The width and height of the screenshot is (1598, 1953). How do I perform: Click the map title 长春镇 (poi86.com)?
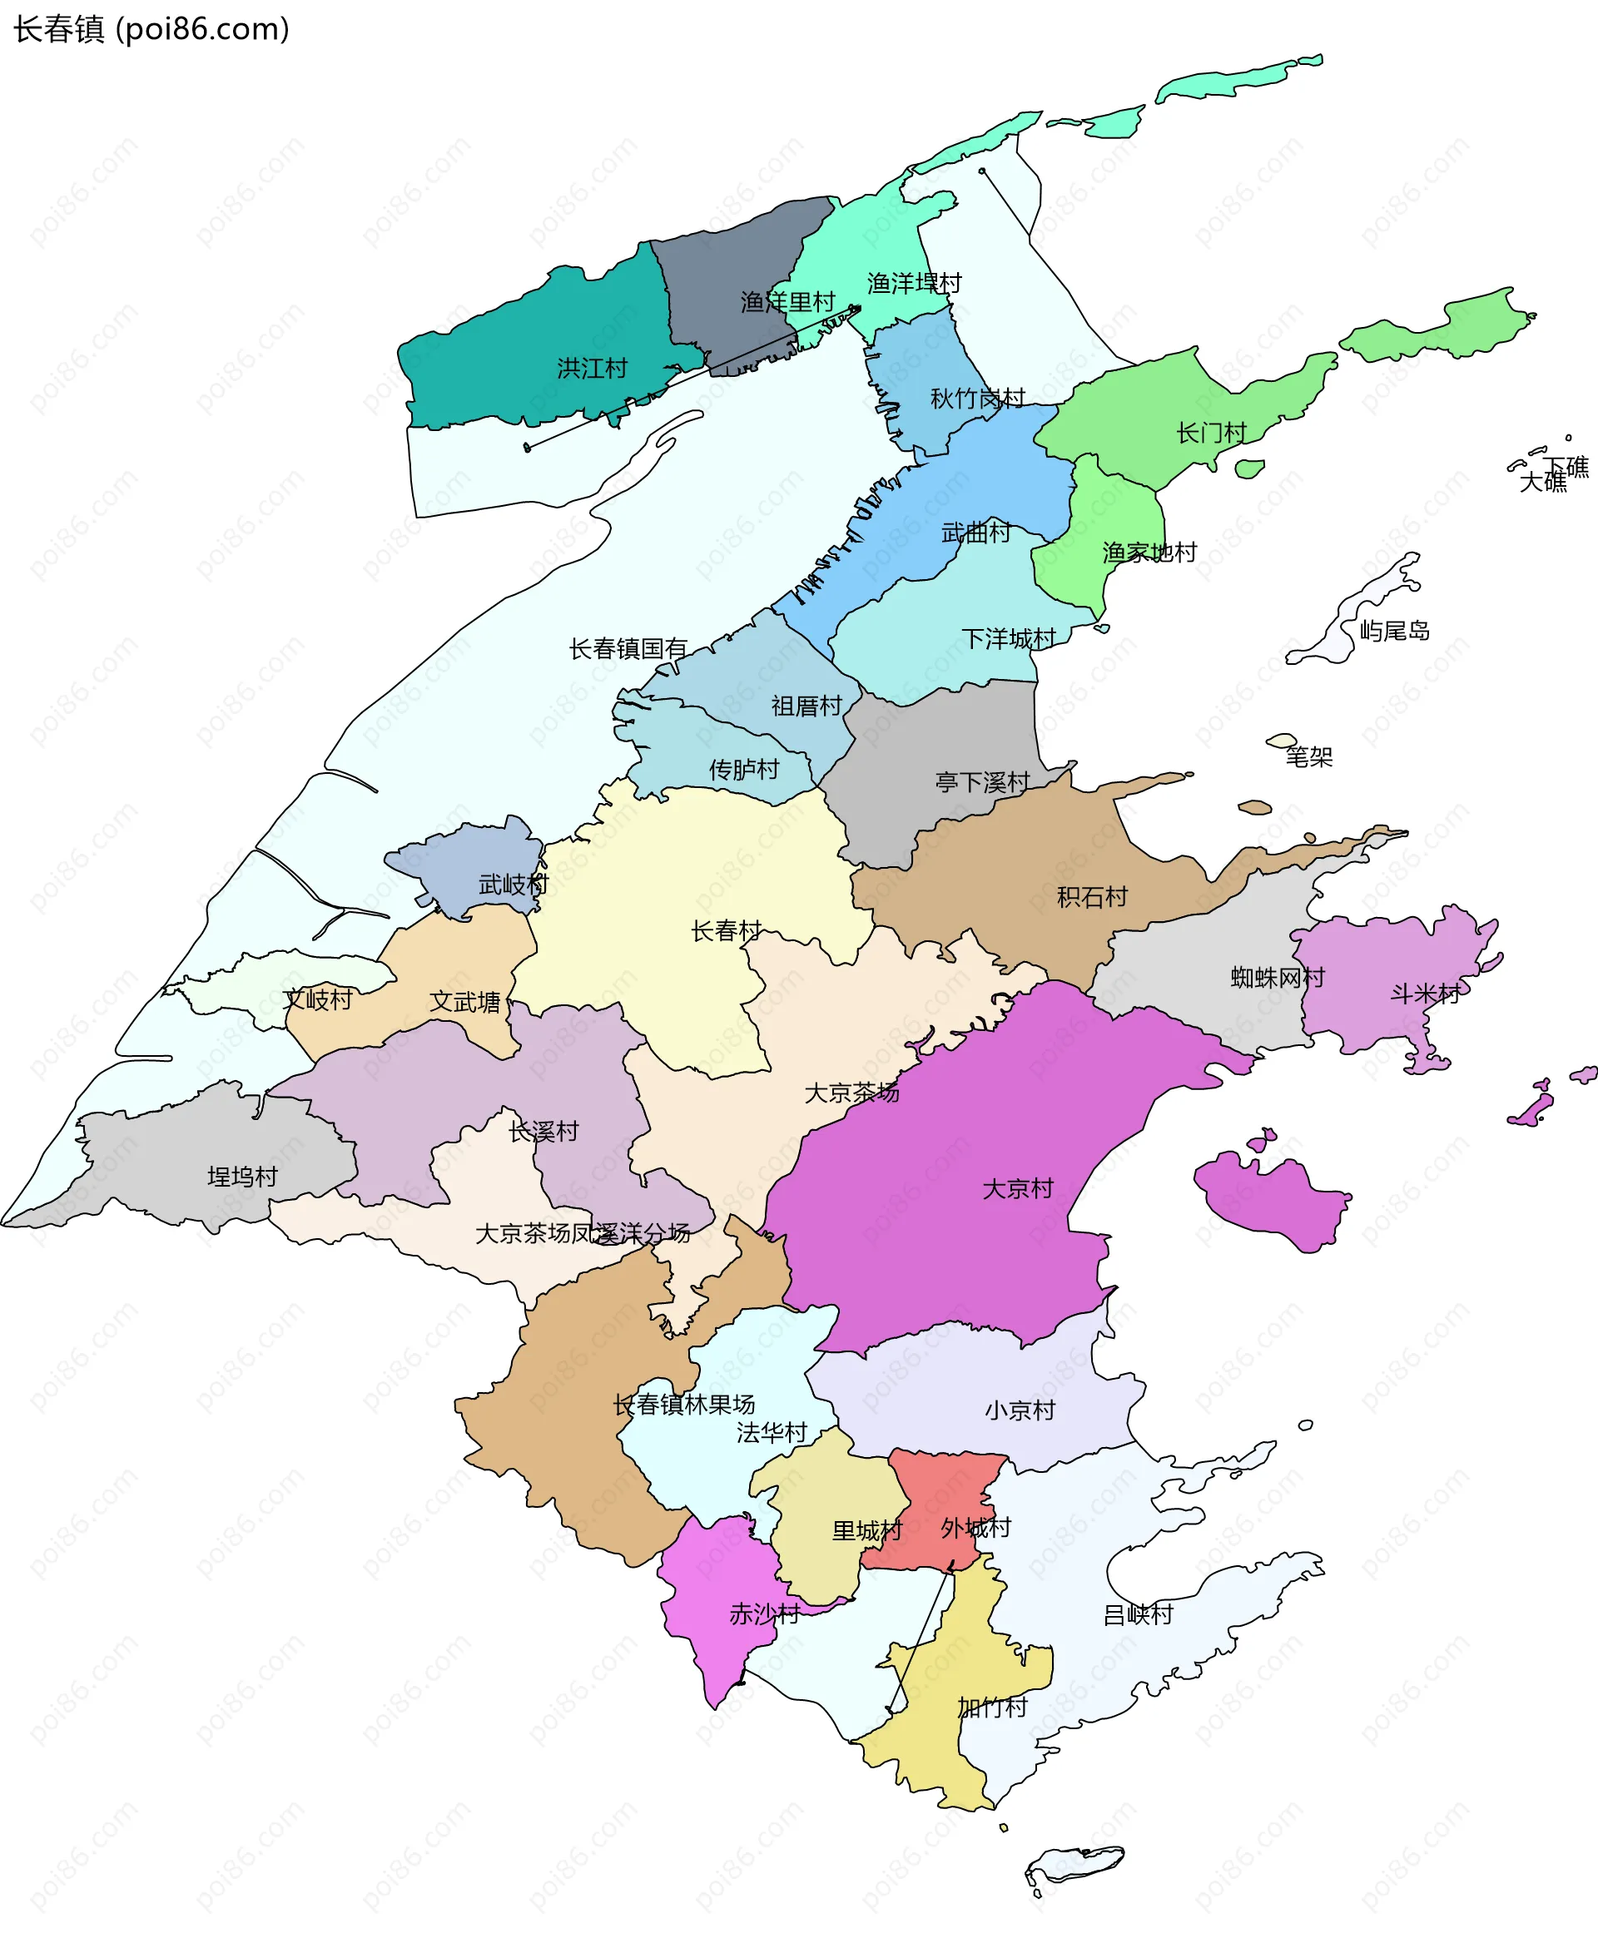tap(151, 29)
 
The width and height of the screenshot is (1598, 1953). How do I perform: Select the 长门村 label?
tap(1211, 433)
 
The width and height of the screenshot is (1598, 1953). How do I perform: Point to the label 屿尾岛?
tap(1395, 632)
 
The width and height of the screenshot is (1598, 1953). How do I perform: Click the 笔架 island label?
tap(1309, 757)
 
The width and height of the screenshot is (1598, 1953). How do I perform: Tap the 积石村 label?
tap(1092, 897)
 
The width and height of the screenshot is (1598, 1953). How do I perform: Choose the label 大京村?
tap(1017, 1189)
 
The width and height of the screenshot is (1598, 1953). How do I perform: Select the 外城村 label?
tap(975, 1529)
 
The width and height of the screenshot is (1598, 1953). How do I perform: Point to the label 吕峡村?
tap(1138, 1614)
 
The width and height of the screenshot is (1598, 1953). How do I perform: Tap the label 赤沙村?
tap(764, 1613)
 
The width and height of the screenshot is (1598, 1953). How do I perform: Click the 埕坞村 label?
tap(242, 1177)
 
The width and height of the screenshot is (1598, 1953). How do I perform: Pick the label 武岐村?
tap(514, 885)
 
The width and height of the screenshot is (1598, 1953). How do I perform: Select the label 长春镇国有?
tap(628, 649)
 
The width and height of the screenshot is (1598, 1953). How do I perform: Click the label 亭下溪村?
tap(982, 782)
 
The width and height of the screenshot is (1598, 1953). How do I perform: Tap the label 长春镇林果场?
tap(684, 1405)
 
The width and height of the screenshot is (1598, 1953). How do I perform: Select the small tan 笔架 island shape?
tap(1282, 741)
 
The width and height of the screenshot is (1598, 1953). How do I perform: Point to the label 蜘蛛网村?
tap(1278, 978)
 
